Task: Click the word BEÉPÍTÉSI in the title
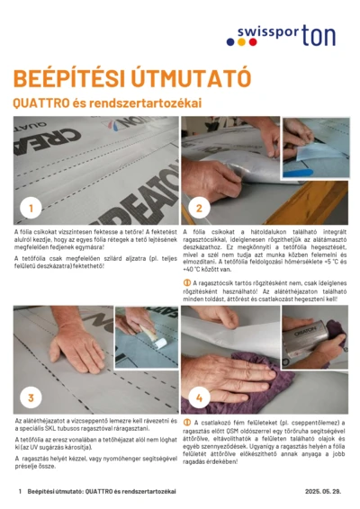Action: tap(62, 77)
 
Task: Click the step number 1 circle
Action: tap(31, 209)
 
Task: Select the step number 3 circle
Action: tap(31, 397)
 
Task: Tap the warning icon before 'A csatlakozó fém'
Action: tap(186, 421)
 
